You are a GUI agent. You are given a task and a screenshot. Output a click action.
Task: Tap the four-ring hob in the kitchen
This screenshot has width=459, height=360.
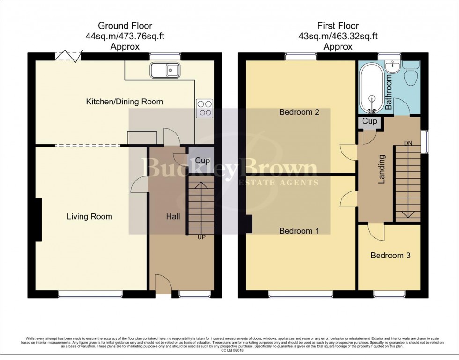(205, 108)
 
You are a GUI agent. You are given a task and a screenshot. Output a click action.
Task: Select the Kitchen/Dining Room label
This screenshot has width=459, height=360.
(124, 102)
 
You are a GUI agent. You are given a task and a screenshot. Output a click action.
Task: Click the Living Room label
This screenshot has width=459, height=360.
(89, 216)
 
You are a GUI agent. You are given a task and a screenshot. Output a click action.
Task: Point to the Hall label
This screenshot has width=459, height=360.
(173, 216)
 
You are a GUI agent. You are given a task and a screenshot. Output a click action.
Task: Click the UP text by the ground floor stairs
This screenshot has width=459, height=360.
(201, 238)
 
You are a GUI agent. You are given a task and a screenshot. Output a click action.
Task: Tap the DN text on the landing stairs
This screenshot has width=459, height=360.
(408, 142)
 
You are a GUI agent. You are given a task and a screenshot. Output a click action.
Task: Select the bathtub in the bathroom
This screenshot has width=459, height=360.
(372, 89)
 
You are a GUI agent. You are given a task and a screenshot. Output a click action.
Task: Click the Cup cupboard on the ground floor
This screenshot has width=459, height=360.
(202, 161)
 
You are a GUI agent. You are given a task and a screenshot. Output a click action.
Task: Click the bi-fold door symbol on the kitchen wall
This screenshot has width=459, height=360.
(68, 56)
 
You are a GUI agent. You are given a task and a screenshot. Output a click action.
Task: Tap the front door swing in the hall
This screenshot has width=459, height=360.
(162, 284)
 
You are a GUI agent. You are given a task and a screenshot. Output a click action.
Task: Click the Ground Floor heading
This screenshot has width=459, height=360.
(125, 25)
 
